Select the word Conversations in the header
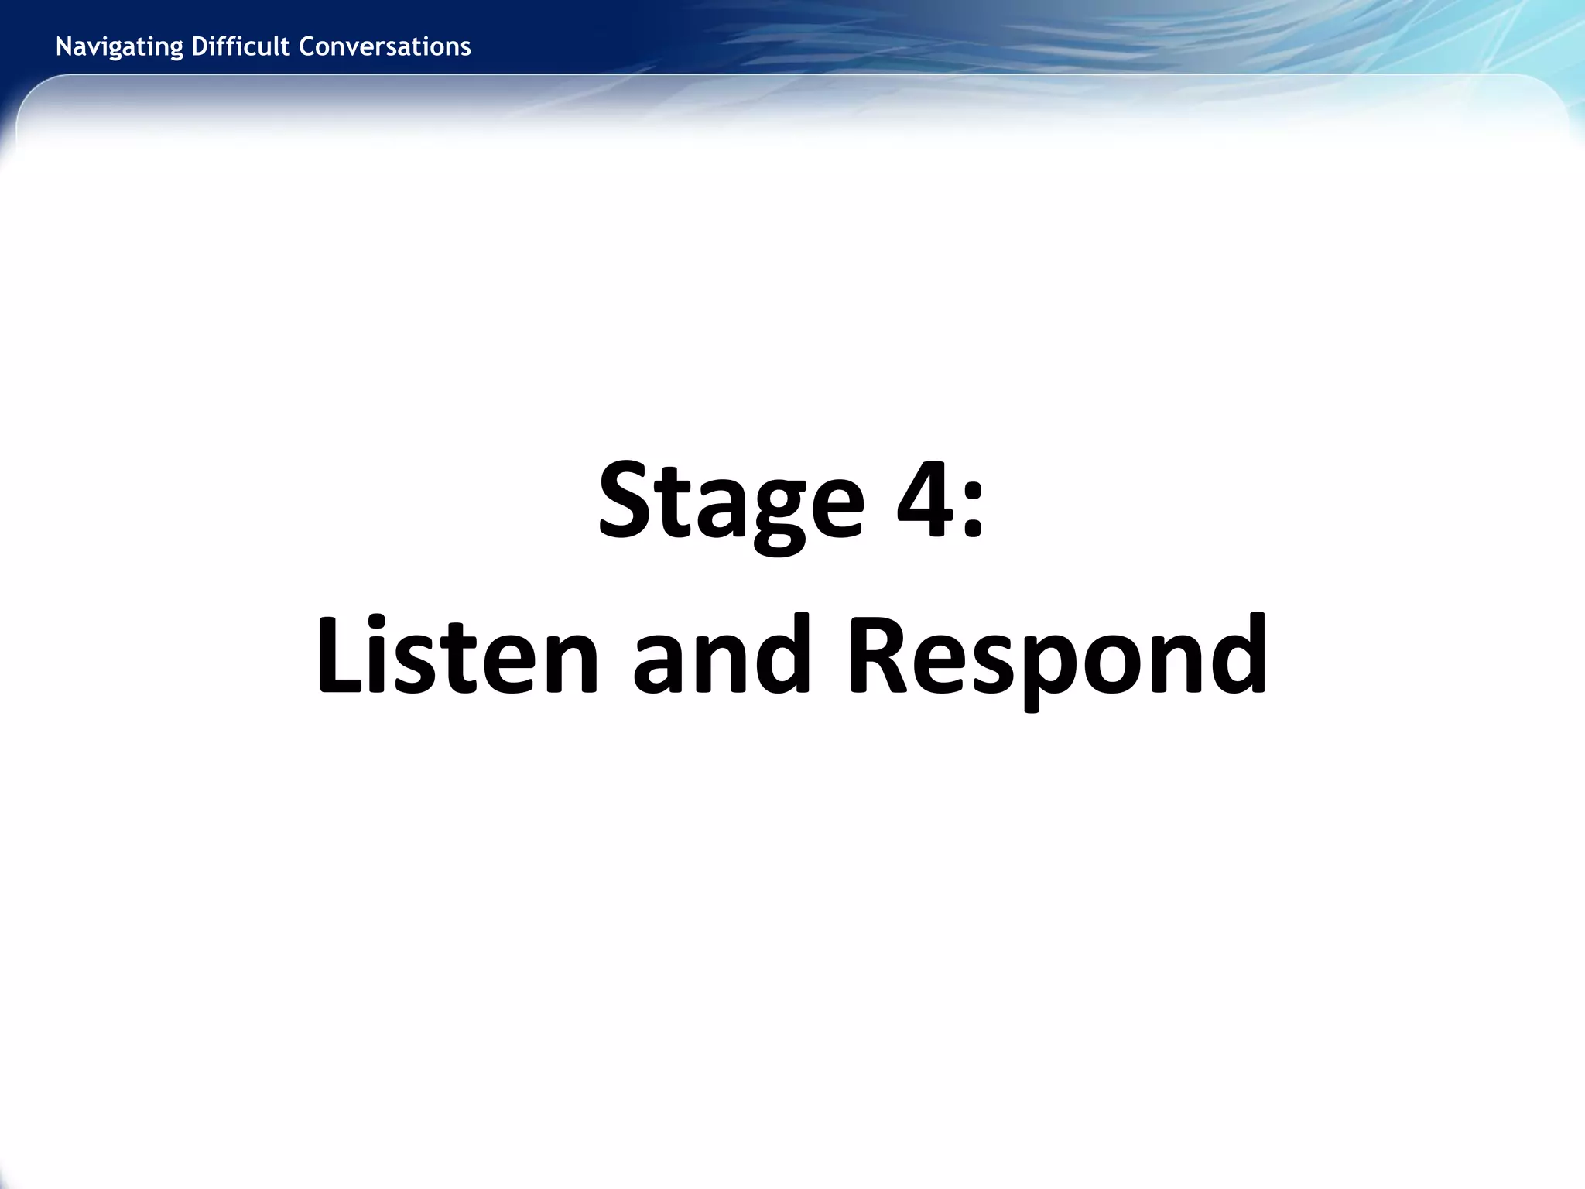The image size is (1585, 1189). [x=385, y=47]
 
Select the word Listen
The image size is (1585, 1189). [x=457, y=654]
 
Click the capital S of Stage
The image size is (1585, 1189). [x=626, y=500]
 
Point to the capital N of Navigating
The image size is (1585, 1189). [x=63, y=46]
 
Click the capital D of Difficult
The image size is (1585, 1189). [x=198, y=46]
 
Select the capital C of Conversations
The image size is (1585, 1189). [x=305, y=46]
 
